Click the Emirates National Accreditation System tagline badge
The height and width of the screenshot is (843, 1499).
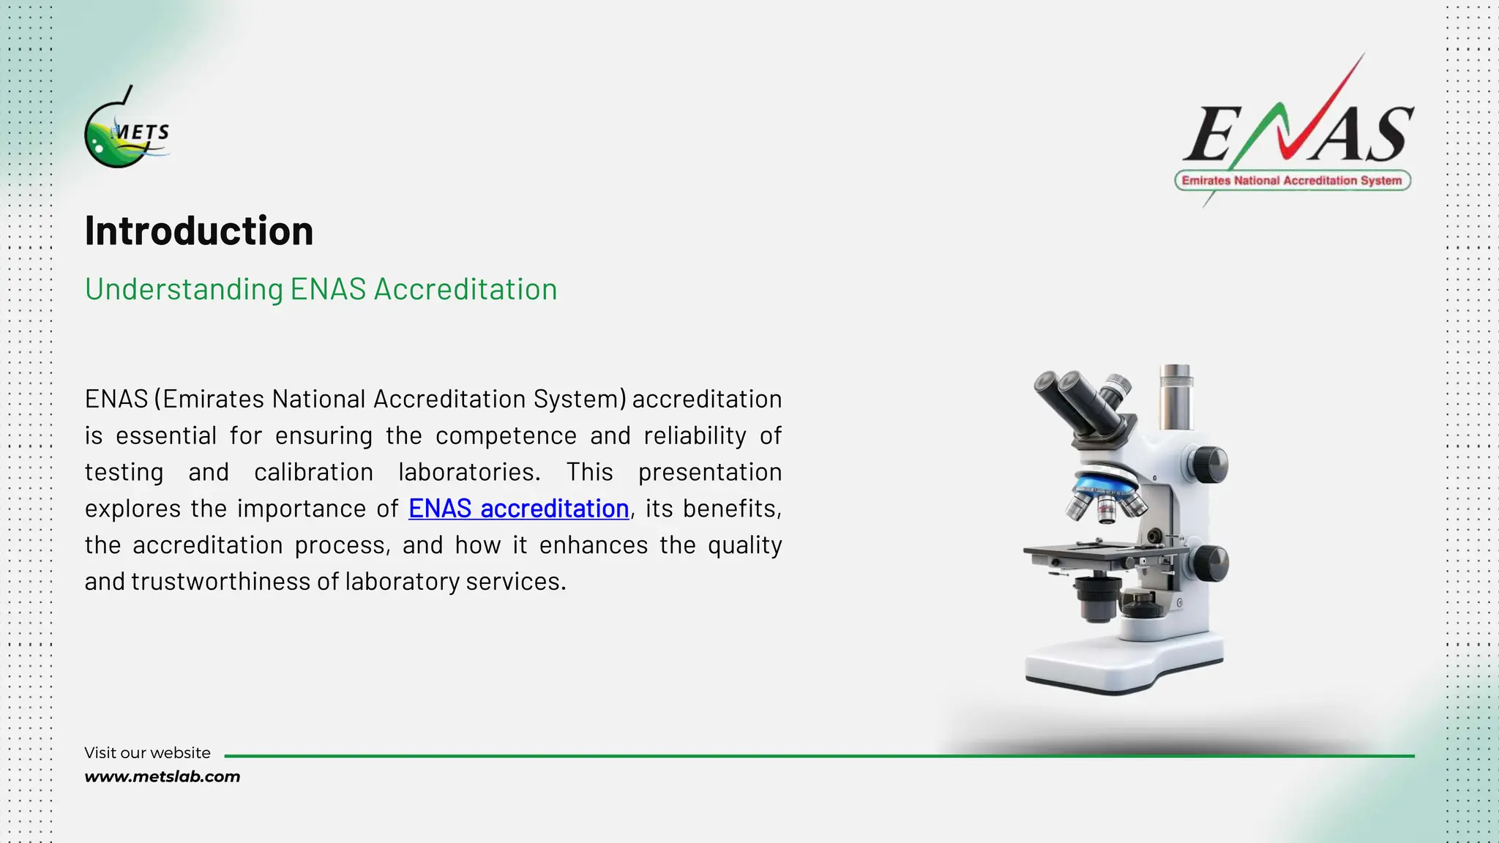pos(1292,181)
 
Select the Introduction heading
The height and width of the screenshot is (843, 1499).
pos(199,231)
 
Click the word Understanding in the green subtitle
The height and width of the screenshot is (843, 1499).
pos(184,290)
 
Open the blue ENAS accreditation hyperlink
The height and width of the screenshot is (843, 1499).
pos(518,509)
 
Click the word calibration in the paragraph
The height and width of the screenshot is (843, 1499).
pos(313,472)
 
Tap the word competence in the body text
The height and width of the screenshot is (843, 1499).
pos(506,436)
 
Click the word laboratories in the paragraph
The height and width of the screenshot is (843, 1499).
pos(468,472)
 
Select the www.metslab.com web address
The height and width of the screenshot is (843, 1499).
pos(162,777)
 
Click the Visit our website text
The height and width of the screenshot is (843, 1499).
pos(147,753)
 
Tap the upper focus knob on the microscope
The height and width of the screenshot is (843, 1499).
pos(1211,464)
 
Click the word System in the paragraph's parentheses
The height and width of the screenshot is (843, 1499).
pos(576,400)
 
